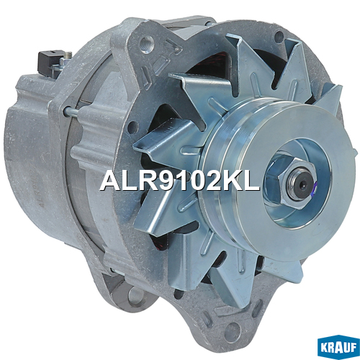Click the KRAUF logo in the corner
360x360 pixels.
[338, 346]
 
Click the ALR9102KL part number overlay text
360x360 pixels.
[180, 181]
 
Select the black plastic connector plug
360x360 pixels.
[49, 62]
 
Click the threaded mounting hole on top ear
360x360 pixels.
[146, 45]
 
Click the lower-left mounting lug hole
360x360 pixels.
[135, 296]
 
